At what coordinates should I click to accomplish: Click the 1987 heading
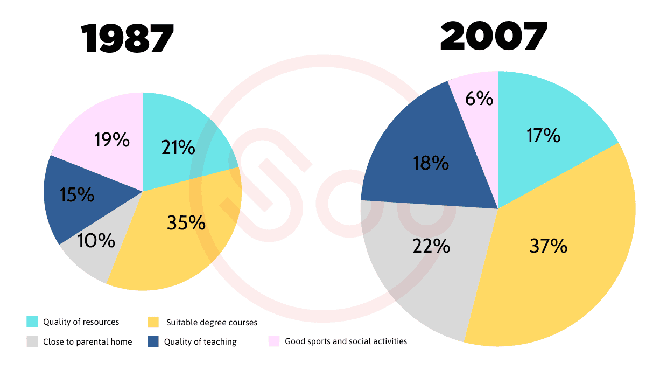pyautogui.click(x=128, y=39)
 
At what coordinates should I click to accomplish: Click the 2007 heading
pyautogui.click(x=494, y=37)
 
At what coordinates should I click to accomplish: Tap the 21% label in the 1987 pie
pyautogui.click(x=178, y=147)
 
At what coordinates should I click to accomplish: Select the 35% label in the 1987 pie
pyautogui.click(x=186, y=222)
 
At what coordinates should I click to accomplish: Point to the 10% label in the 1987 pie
pyautogui.click(x=96, y=241)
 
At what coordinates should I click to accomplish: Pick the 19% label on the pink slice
pyautogui.click(x=112, y=140)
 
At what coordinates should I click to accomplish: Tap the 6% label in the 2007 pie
pyautogui.click(x=480, y=99)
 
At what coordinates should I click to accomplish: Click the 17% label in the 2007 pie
pyautogui.click(x=543, y=136)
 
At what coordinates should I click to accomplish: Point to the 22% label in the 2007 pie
pyautogui.click(x=431, y=246)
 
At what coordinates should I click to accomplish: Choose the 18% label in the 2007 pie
pyautogui.click(x=431, y=163)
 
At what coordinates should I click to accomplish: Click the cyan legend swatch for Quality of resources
pyautogui.click(x=32, y=322)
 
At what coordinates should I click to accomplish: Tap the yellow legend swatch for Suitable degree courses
pyautogui.click(x=153, y=322)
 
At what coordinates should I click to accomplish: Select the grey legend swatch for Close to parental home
pyautogui.click(x=32, y=341)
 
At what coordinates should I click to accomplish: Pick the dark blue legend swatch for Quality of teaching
pyautogui.click(x=153, y=341)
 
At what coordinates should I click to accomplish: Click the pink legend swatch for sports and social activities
pyautogui.click(x=274, y=341)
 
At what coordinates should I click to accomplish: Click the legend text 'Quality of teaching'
pyautogui.click(x=200, y=341)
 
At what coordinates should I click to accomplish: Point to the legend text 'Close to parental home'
pyautogui.click(x=88, y=341)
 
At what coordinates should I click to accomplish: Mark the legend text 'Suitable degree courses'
pyautogui.click(x=212, y=323)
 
